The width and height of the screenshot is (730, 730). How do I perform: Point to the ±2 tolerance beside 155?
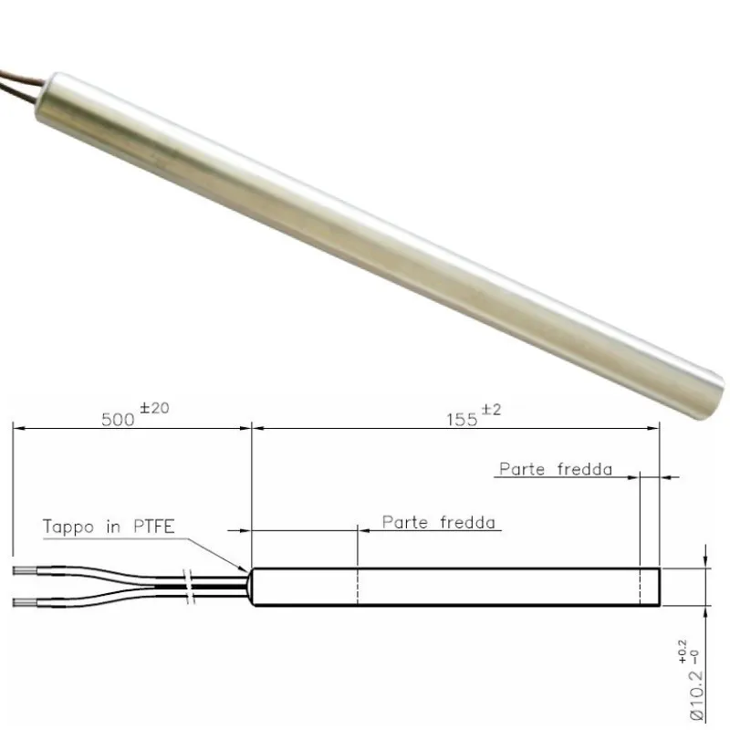tap(492, 411)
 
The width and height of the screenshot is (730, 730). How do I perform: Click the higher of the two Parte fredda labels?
tap(554, 470)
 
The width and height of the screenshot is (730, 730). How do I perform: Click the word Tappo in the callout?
tap(68, 527)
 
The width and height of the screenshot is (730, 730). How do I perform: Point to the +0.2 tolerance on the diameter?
tap(693, 645)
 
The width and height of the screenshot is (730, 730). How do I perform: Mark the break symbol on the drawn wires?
tap(189, 589)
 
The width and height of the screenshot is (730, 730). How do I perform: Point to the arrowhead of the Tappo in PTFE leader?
tap(247, 568)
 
